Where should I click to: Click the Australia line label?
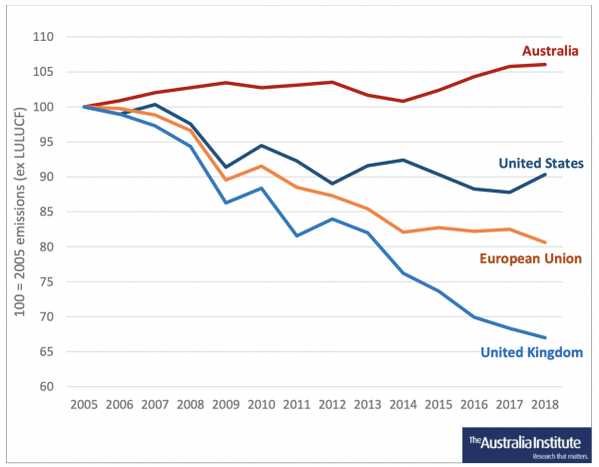[550, 51]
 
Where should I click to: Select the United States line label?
[541, 163]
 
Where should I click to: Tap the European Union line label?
[531, 258]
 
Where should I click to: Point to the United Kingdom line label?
[531, 352]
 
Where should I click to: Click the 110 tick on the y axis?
[43, 37]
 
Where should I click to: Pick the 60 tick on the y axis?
[46, 386]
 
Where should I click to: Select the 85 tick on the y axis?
[46, 212]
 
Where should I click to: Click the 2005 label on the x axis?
[84, 404]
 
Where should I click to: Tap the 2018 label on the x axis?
[545, 404]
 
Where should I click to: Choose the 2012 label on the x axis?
[332, 404]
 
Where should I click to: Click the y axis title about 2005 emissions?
[19, 212]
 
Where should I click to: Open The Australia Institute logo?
[526, 445]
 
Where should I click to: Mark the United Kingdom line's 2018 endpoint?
[545, 337]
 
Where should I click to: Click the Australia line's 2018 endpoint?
[545, 64]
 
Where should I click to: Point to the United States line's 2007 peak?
[155, 104]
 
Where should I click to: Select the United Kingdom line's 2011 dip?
[297, 235]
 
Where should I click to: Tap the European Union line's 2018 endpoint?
[545, 242]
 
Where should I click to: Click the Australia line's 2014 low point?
[403, 101]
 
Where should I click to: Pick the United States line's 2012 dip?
[332, 184]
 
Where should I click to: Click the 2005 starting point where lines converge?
[84, 107]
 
